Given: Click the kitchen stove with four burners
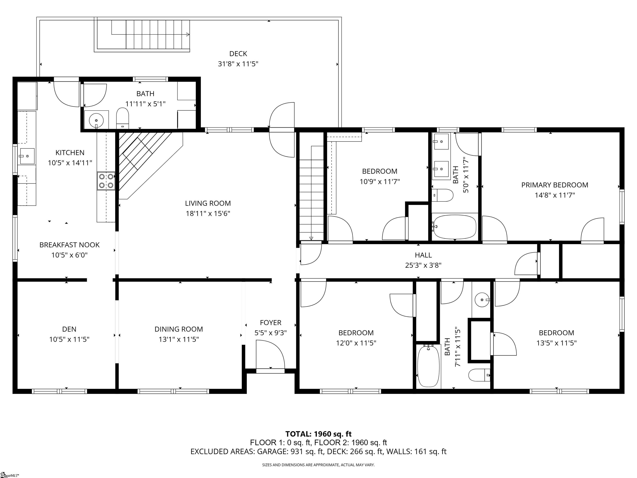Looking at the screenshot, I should (x=106, y=181).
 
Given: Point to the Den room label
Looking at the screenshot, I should (x=69, y=329).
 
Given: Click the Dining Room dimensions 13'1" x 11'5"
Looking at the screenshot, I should (x=179, y=339).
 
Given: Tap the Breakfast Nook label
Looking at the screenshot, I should (x=69, y=245).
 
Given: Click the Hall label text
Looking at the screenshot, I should (x=423, y=255).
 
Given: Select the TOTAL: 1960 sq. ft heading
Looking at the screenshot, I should (x=318, y=434).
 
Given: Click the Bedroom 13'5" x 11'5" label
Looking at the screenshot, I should (x=556, y=333).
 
